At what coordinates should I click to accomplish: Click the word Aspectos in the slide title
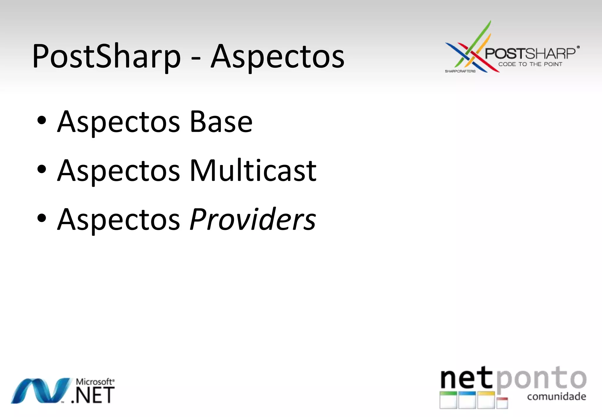(x=277, y=56)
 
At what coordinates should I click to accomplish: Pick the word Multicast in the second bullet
(x=253, y=170)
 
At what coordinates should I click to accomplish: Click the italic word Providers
(x=253, y=219)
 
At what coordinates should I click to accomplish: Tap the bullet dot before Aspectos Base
(x=42, y=120)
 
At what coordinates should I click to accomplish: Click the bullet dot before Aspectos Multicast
(x=42, y=169)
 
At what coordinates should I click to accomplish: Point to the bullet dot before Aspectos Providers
(x=42, y=218)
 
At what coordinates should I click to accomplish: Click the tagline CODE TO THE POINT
(x=530, y=64)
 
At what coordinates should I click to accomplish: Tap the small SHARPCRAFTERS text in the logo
(x=460, y=71)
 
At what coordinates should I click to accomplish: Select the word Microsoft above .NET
(x=94, y=382)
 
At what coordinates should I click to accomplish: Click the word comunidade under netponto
(x=556, y=396)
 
